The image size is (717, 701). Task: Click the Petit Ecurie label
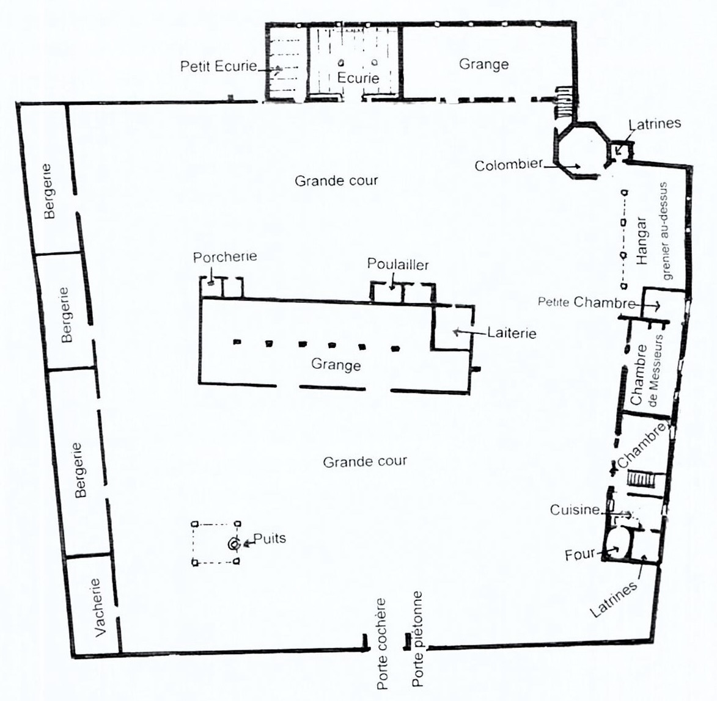[x=219, y=66]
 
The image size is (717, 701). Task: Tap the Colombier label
[x=509, y=165]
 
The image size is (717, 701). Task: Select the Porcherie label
[x=224, y=257]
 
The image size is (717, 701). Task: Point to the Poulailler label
[x=398, y=264]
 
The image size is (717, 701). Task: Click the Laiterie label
[x=512, y=332]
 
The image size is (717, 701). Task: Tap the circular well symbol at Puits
[x=233, y=544]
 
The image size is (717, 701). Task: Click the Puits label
[x=270, y=539]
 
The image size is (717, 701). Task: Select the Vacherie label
[x=99, y=608]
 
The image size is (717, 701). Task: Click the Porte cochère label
[x=381, y=644]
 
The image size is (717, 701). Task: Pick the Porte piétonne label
[x=417, y=639]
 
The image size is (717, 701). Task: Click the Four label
[x=580, y=555]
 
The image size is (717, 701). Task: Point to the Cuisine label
[x=575, y=510]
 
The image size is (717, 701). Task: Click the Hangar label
[x=642, y=241]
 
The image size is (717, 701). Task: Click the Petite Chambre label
[x=586, y=302]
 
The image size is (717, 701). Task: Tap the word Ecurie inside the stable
[x=358, y=78]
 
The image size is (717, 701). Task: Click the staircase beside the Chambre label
[x=642, y=480]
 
